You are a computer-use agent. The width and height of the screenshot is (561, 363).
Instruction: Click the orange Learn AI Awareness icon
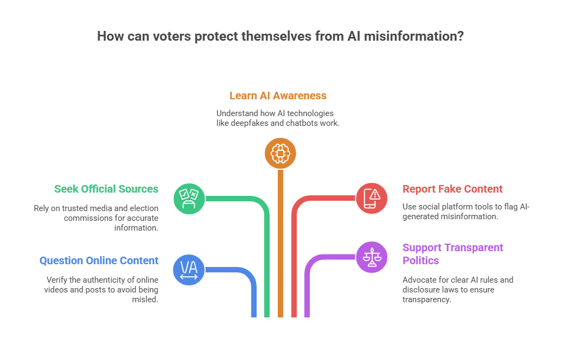pyautogui.click(x=280, y=154)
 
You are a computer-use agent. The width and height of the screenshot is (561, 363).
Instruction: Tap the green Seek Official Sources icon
pyautogui.click(x=189, y=198)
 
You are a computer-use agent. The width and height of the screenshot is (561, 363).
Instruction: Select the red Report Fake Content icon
pyautogui.click(x=372, y=198)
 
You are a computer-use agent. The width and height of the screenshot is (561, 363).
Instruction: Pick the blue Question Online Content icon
pyautogui.click(x=189, y=269)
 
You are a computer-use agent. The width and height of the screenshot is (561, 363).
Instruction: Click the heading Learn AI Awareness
pyautogui.click(x=278, y=96)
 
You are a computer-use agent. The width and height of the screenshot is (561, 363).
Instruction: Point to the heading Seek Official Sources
pyautogui.click(x=106, y=189)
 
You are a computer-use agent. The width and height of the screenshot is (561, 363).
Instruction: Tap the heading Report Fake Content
pyautogui.click(x=452, y=189)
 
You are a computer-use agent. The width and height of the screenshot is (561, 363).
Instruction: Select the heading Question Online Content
pyautogui.click(x=99, y=260)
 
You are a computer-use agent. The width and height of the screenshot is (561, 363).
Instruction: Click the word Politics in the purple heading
pyautogui.click(x=420, y=260)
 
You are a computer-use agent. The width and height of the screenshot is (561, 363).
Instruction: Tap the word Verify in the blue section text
pyautogui.click(x=56, y=279)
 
